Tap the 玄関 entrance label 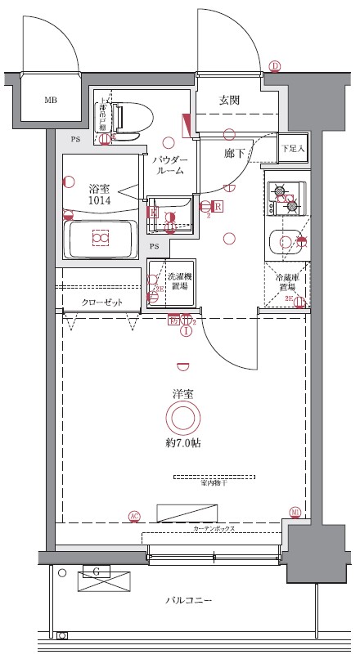[229, 101]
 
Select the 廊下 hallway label [235, 153]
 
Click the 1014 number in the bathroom [99, 199]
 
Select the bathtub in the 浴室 [101, 239]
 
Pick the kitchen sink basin [286, 243]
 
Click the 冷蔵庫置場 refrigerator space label [286, 283]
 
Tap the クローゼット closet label [102, 302]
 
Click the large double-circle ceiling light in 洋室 [182, 419]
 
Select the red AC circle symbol [134, 515]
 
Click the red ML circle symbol [295, 513]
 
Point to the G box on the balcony [97, 571]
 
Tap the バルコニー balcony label [189, 601]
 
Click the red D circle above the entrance [275, 66]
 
